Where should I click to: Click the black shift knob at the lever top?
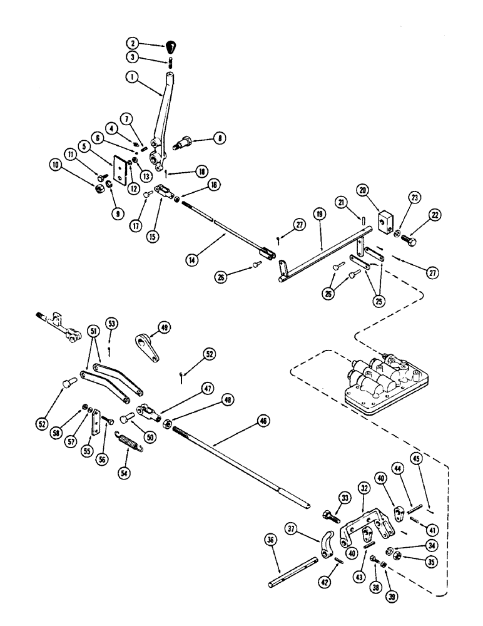coord(171,46)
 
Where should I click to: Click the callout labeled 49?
coord(165,326)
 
